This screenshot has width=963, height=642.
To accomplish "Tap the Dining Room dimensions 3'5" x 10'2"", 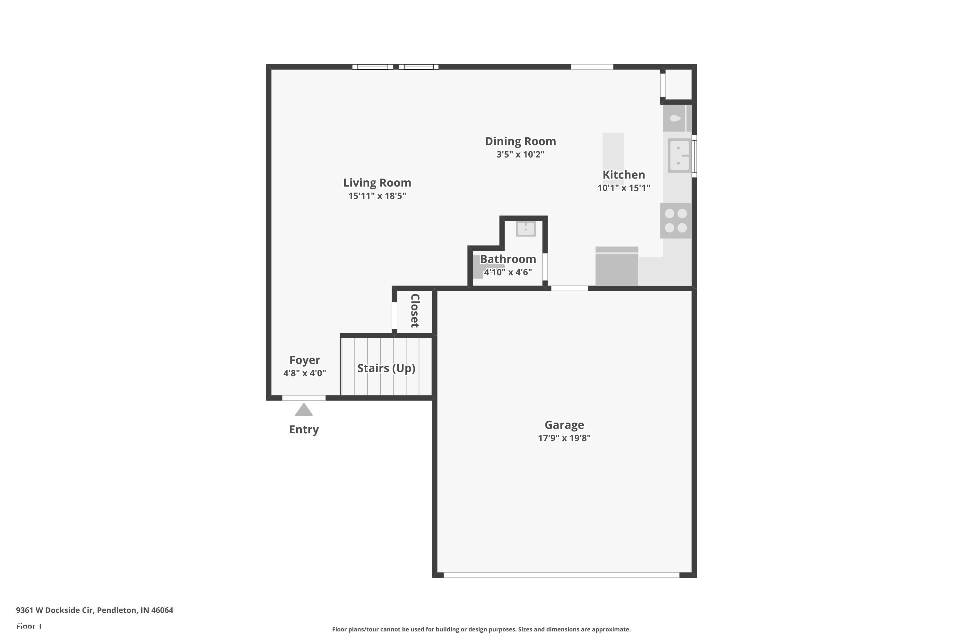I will click(x=520, y=154).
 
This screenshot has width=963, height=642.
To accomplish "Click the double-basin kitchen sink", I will click(x=679, y=156).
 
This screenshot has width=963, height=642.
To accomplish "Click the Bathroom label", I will click(x=508, y=259).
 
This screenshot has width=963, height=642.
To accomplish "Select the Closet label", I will click(x=415, y=310).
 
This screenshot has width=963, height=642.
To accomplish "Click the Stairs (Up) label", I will click(x=386, y=368).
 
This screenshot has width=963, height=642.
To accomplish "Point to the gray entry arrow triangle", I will click(x=304, y=410).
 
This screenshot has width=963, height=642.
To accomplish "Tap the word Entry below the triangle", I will click(x=304, y=429).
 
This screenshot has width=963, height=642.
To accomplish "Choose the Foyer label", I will click(x=305, y=360).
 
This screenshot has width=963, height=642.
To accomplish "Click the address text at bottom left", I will click(x=95, y=610).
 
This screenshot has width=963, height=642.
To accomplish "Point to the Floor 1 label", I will click(x=29, y=626).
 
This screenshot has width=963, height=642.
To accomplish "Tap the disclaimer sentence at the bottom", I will click(x=481, y=629).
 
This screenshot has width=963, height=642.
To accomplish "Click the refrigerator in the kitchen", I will click(x=616, y=266).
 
